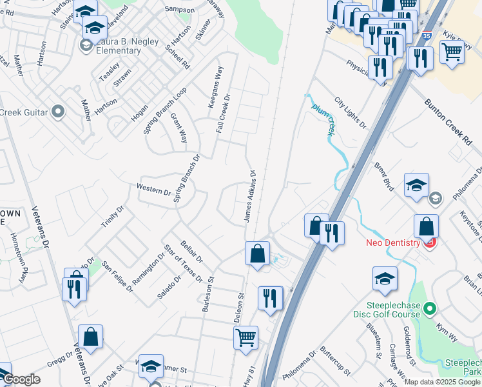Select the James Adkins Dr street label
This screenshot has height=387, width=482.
pyautogui.click(x=250, y=197)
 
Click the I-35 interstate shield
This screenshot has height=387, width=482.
pyautogui.click(x=427, y=29)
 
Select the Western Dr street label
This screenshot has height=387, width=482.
pyautogui.click(x=153, y=190)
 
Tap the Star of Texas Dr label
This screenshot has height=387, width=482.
pyautogui.click(x=183, y=264)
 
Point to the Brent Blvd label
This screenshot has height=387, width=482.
pyautogui.click(x=384, y=175)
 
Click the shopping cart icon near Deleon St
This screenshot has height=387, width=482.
pyautogui.click(x=246, y=336)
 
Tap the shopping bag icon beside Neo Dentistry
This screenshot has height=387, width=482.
pyautogui.click(x=426, y=226)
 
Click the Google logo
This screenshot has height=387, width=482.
pyautogui.click(x=22, y=379)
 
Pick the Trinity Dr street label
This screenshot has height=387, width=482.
pyautogui.click(x=111, y=217)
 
